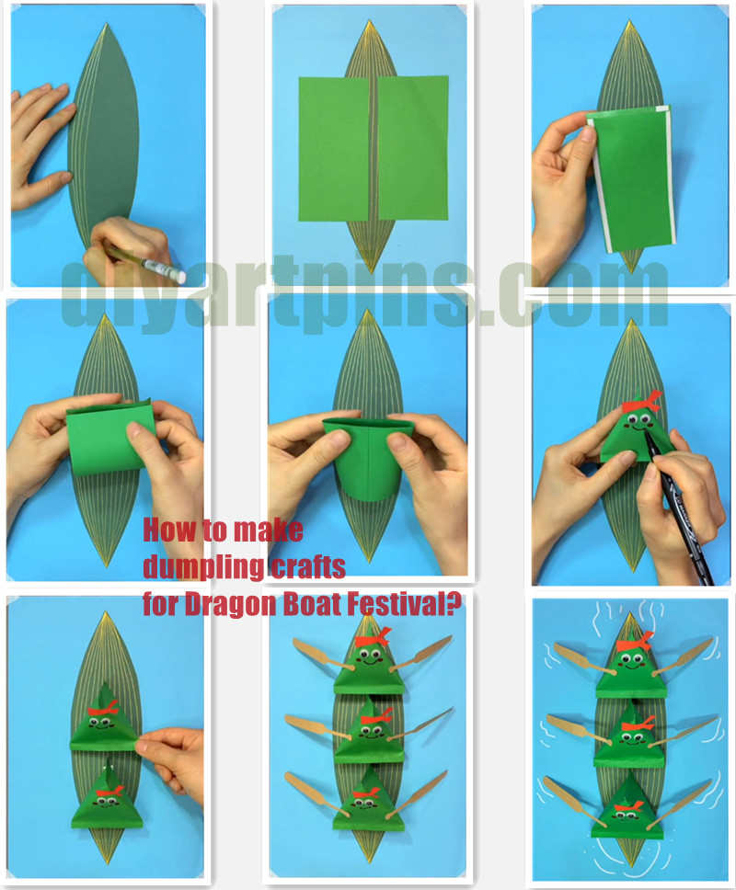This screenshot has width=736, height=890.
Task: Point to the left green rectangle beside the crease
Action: coord(333,148)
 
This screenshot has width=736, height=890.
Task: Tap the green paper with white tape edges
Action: coord(631,177)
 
